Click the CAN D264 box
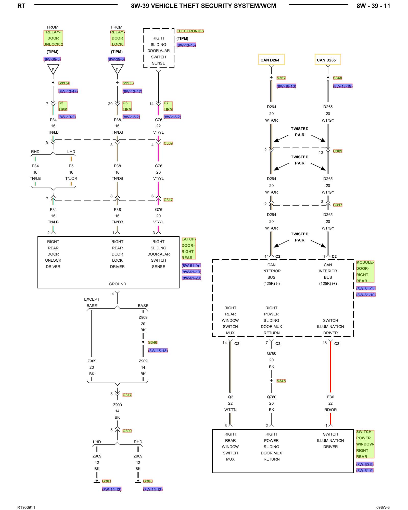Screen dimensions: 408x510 click(271, 59)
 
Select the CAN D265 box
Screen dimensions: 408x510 click(328, 59)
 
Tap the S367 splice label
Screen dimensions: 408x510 click(281, 78)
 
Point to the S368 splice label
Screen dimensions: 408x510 click(337, 78)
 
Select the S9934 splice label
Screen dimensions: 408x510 click(64, 83)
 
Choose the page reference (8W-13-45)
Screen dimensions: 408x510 click(186, 45)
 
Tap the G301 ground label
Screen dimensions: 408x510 click(107, 481)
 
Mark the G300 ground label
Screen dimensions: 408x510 click(148, 481)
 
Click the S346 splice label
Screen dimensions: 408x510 click(152, 342)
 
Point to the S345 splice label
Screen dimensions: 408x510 click(281, 381)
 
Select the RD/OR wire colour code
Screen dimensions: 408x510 click(330, 410)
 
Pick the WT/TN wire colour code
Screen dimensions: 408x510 click(230, 410)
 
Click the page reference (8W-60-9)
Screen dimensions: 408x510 click(365, 464)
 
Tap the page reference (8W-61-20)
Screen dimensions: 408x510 click(192, 278)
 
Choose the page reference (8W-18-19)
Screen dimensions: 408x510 click(343, 86)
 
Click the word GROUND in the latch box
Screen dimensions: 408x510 click(117, 284)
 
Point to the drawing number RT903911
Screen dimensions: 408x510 click(26, 507)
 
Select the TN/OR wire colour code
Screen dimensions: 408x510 click(71, 178)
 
